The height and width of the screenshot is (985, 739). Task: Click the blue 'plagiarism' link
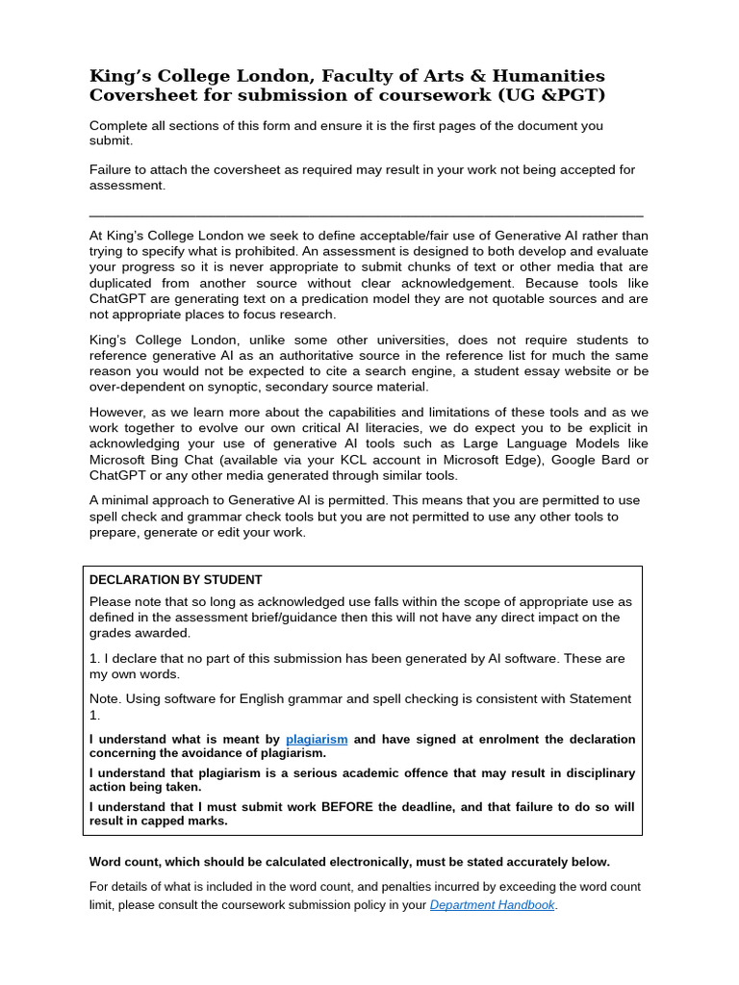point(317,739)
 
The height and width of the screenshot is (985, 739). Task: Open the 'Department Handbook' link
point(492,905)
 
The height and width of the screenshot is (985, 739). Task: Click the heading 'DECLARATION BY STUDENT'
point(175,579)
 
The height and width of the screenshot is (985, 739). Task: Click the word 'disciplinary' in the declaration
point(596,773)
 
